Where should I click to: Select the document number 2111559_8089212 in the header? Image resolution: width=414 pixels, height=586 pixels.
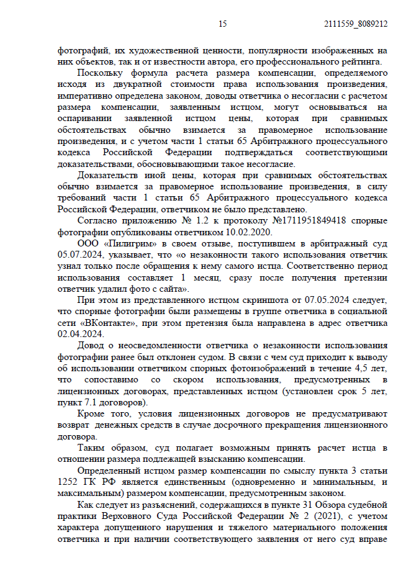356,24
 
